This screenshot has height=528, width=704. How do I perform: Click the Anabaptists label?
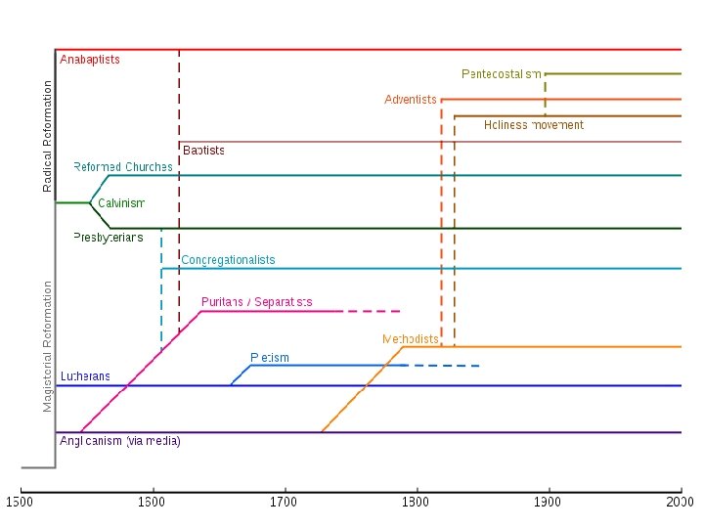90,60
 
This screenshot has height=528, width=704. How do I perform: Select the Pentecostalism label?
501,74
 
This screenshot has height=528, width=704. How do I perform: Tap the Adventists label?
411,100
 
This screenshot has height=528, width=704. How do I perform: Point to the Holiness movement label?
534,125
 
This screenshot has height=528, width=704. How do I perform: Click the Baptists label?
203,151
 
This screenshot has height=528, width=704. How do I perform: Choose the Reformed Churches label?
123,167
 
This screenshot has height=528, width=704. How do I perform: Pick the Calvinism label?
121,203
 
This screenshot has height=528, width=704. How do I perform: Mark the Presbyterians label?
108,238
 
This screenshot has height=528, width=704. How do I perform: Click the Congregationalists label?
228,260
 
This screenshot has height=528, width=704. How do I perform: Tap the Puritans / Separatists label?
256,302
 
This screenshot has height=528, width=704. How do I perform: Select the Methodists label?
411,339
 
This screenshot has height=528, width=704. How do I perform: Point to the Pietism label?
270,358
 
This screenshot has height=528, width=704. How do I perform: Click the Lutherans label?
85,376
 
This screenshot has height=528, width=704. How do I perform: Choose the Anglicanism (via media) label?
120,441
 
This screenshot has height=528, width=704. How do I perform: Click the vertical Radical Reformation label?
48,136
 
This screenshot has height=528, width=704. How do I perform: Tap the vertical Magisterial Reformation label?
48,346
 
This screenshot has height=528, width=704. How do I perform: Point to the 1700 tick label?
285,503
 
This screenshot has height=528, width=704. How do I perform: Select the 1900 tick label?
548,503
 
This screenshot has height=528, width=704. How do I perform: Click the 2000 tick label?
681,503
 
